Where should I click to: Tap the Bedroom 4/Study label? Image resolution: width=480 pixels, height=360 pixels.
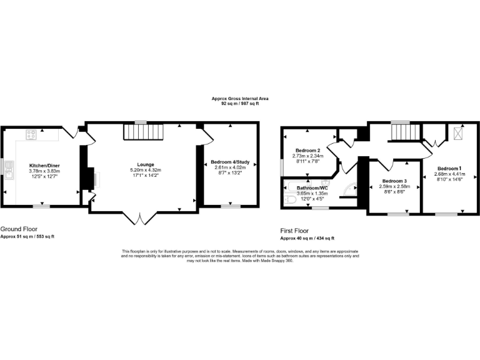click(230, 162)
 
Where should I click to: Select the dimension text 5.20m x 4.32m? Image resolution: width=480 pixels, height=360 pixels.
click(145, 171)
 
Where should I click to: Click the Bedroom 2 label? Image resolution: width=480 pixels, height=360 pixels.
click(308, 151)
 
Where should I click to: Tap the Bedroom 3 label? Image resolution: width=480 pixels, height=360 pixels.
click(393, 181)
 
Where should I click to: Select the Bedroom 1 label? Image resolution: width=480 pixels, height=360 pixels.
click(449, 169)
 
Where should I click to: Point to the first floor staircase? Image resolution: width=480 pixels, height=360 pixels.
click(401, 132)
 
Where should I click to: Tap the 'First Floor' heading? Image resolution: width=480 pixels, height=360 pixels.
click(295, 231)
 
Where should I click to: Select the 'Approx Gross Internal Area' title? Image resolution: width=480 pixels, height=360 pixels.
click(239, 99)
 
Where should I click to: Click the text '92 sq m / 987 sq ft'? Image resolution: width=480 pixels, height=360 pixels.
click(239, 104)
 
